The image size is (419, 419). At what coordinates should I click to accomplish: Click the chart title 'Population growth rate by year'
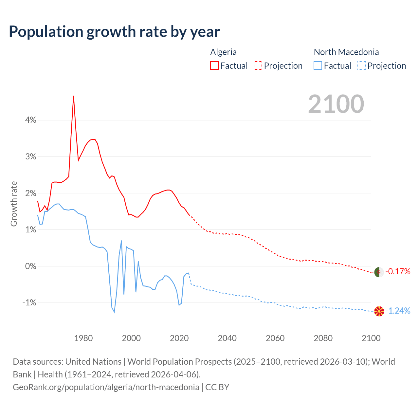point(114,32)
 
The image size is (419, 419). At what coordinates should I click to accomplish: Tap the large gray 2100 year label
point(336,104)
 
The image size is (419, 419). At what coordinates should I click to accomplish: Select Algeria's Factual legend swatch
point(214,65)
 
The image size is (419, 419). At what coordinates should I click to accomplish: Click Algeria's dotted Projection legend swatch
point(258,65)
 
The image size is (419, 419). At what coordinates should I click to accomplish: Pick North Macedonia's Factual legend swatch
point(318,65)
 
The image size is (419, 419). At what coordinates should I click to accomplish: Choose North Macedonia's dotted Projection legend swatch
point(361,65)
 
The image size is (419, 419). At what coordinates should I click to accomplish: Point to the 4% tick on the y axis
point(30,120)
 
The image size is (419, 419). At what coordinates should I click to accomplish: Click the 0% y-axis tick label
point(30,266)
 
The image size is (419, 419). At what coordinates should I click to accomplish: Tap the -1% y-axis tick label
point(29,303)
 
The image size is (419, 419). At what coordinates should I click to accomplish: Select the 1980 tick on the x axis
point(83,338)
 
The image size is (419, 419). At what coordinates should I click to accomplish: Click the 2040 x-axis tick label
point(227,338)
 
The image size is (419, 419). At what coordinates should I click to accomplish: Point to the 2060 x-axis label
point(275,338)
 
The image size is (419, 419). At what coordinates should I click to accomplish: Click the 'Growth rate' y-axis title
point(14,204)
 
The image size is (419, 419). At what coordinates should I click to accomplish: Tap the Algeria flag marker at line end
point(379,272)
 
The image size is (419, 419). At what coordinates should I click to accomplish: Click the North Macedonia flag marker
point(379,311)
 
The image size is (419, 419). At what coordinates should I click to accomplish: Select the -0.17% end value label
point(398,271)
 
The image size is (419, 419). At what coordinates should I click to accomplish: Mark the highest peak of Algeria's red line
point(74,96)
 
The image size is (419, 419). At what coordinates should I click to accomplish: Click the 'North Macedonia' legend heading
point(346,52)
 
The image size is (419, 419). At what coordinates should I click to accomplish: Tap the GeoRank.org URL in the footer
point(106,387)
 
